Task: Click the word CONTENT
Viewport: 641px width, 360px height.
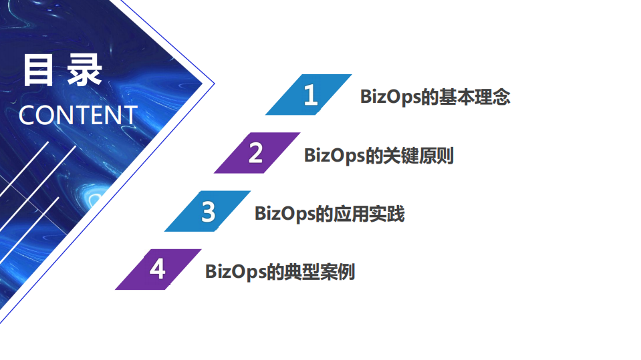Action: click(x=78, y=116)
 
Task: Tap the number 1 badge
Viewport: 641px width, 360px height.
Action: click(x=310, y=95)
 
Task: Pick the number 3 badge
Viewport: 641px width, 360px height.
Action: click(x=208, y=212)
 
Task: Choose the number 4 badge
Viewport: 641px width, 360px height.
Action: click(x=158, y=269)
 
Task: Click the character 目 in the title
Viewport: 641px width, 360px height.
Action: click(x=37, y=71)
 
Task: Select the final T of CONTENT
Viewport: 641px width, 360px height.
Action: click(x=130, y=116)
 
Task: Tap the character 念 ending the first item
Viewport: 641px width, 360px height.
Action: click(x=502, y=97)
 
